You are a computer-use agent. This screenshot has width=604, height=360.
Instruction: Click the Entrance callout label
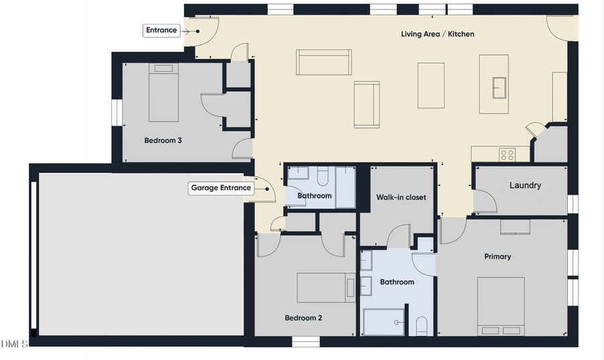(162, 30)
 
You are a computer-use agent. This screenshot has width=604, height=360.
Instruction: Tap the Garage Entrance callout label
(221, 188)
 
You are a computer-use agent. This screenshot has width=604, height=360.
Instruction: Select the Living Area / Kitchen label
(438, 34)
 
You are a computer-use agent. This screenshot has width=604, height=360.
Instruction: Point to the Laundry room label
(525, 185)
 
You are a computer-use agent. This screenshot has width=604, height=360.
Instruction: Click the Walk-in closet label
(401, 197)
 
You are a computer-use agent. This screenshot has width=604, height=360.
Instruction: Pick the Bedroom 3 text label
(163, 141)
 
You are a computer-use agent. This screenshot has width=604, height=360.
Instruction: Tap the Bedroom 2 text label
(303, 318)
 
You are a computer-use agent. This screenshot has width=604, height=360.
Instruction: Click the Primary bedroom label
(497, 257)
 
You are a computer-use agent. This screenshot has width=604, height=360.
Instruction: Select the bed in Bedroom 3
(163, 93)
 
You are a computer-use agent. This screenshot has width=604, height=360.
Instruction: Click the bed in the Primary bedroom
(501, 306)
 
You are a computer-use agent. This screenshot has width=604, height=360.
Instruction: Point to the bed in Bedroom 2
(326, 287)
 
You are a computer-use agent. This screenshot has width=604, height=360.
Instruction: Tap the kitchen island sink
(499, 87)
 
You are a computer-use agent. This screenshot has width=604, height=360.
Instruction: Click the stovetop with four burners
(507, 154)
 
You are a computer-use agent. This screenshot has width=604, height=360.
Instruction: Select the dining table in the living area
(431, 85)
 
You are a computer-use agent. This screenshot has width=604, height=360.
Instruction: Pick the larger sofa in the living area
(324, 62)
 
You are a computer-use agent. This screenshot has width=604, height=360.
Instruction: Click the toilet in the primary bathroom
(422, 326)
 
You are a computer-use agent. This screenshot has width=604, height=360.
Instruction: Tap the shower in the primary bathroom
(384, 322)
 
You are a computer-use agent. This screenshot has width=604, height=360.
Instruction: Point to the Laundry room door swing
(485, 201)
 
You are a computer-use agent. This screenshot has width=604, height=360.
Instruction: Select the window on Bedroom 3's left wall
(115, 108)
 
